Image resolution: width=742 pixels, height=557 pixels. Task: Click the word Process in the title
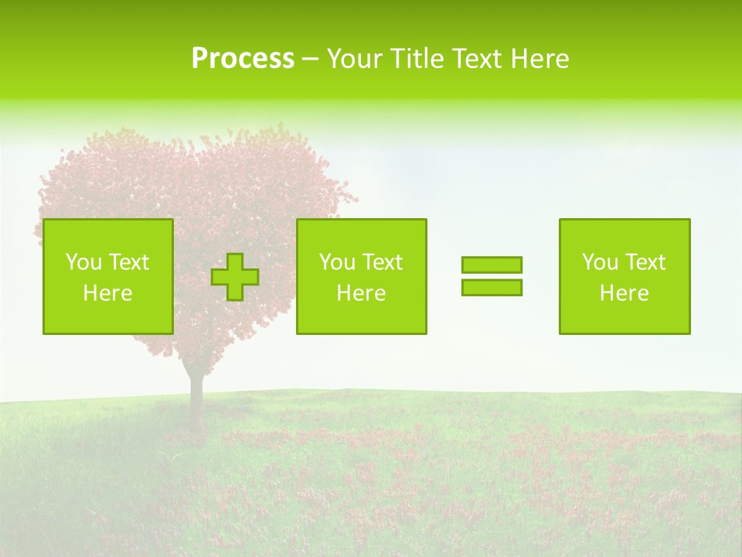243,59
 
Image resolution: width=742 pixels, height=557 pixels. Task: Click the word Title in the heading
417,59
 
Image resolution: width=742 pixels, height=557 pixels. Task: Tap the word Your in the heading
356,59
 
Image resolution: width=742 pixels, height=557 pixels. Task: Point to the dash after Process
310,60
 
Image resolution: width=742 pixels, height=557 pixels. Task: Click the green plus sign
235,277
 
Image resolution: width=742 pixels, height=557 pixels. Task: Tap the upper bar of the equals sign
492,265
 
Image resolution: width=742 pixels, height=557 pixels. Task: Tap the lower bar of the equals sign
492,287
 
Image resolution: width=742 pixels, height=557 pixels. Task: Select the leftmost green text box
108,276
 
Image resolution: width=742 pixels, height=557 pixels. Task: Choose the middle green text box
361,276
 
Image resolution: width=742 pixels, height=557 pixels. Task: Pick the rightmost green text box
625,276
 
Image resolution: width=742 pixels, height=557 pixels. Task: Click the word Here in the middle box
361,293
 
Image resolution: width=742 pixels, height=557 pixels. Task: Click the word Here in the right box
625,293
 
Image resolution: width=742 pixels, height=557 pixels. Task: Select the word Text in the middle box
382,262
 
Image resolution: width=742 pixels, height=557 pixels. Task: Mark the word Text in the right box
645,262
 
